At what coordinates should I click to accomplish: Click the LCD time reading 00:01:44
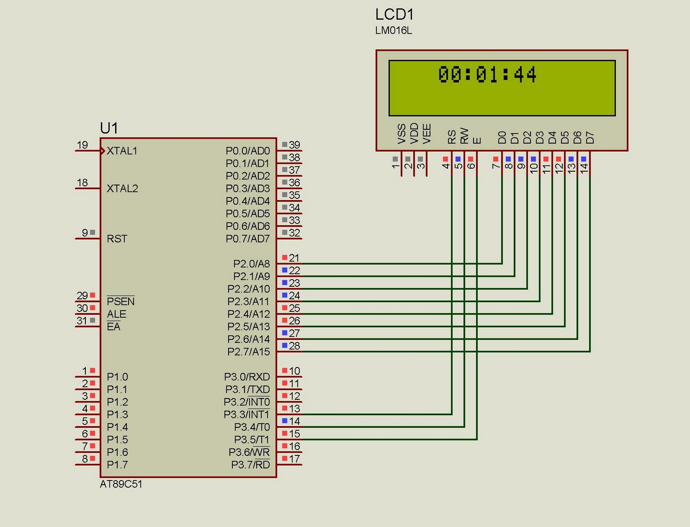point(487,75)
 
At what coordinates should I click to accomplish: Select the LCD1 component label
point(394,15)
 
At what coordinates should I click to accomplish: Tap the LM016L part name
point(393,31)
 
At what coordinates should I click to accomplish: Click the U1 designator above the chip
point(109,128)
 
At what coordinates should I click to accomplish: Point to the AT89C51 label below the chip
point(121,484)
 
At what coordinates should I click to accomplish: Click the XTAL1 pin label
point(122,151)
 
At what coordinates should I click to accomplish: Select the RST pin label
point(117,239)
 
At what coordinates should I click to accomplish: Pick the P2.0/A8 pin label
point(251,263)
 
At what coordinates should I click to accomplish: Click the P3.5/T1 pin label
point(252,439)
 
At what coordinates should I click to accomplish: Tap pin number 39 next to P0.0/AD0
point(295,145)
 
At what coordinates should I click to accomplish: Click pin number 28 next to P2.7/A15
point(295,346)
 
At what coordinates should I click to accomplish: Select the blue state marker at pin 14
point(285,420)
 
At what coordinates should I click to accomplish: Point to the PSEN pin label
point(121,301)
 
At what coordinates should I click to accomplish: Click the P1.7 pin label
point(117,464)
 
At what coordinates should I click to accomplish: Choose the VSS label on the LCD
point(401,134)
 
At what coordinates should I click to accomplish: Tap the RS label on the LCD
point(452,137)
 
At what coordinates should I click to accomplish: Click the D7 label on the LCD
point(590,137)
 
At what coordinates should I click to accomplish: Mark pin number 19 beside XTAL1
point(82,145)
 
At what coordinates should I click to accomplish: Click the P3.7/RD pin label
point(251,464)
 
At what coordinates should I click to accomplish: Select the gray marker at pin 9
point(92,232)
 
